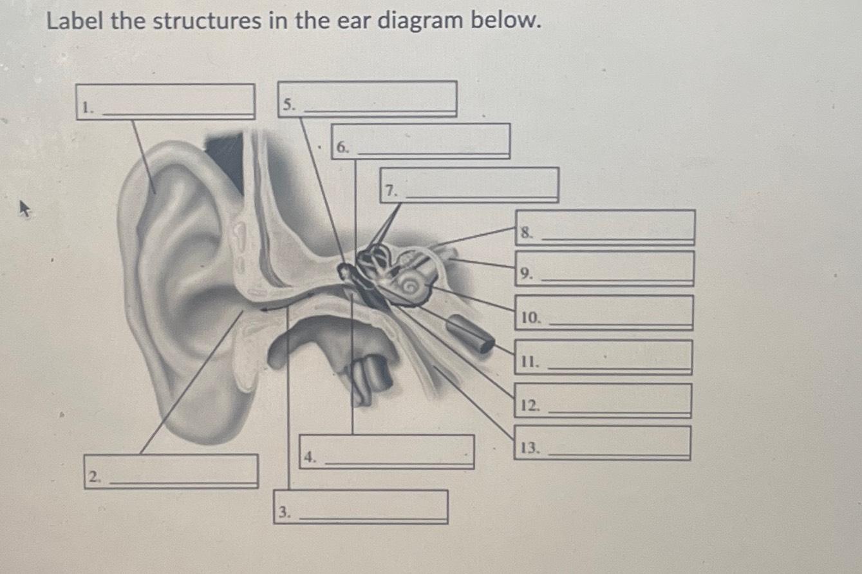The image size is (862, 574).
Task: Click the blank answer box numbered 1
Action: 165,102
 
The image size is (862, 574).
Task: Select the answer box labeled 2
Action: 171,472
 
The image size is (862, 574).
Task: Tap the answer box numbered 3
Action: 361,506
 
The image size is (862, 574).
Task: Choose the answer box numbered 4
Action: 387,452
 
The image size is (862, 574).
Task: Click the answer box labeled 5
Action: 368,99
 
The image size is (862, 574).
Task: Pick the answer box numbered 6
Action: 420,141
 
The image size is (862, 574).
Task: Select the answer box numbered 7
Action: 469,185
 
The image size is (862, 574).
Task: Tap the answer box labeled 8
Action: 604,227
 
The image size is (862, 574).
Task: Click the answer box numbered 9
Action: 604,269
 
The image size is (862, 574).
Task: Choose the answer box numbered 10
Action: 603,312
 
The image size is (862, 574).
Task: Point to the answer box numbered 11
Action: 603,357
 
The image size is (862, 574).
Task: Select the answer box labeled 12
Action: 603,401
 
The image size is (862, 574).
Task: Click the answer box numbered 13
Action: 602,443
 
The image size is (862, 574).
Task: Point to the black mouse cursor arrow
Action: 24,209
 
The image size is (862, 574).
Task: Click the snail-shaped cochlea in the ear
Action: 412,283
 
